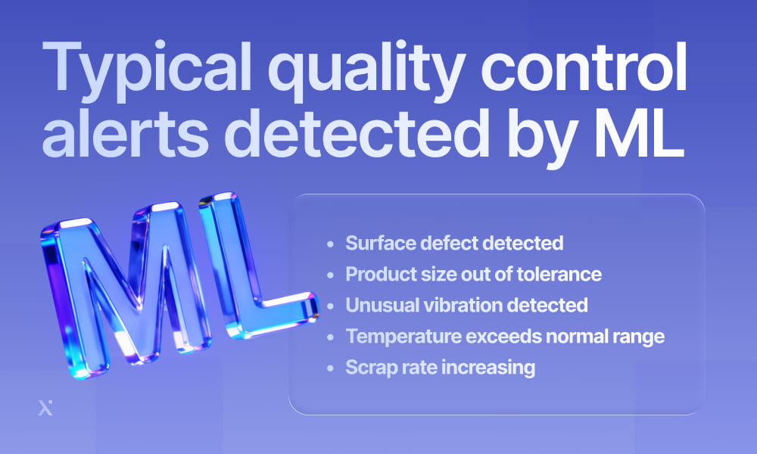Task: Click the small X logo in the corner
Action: tap(45, 409)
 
